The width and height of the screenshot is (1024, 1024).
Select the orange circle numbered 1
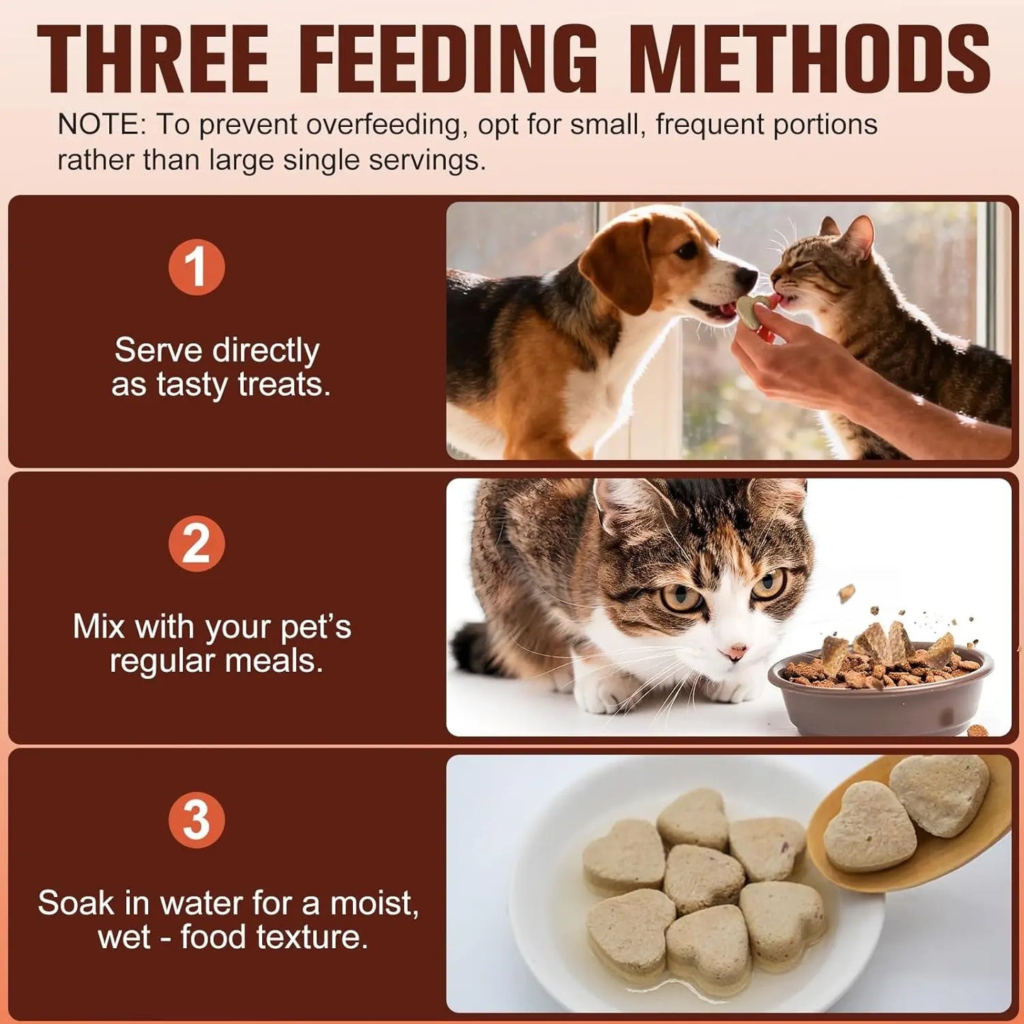(x=196, y=267)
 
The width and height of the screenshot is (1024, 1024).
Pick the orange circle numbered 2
(x=196, y=544)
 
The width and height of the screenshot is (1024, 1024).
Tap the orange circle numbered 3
(x=196, y=820)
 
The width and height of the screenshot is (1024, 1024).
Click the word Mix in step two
(x=99, y=626)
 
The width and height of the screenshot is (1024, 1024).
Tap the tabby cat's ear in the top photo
(x=858, y=235)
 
